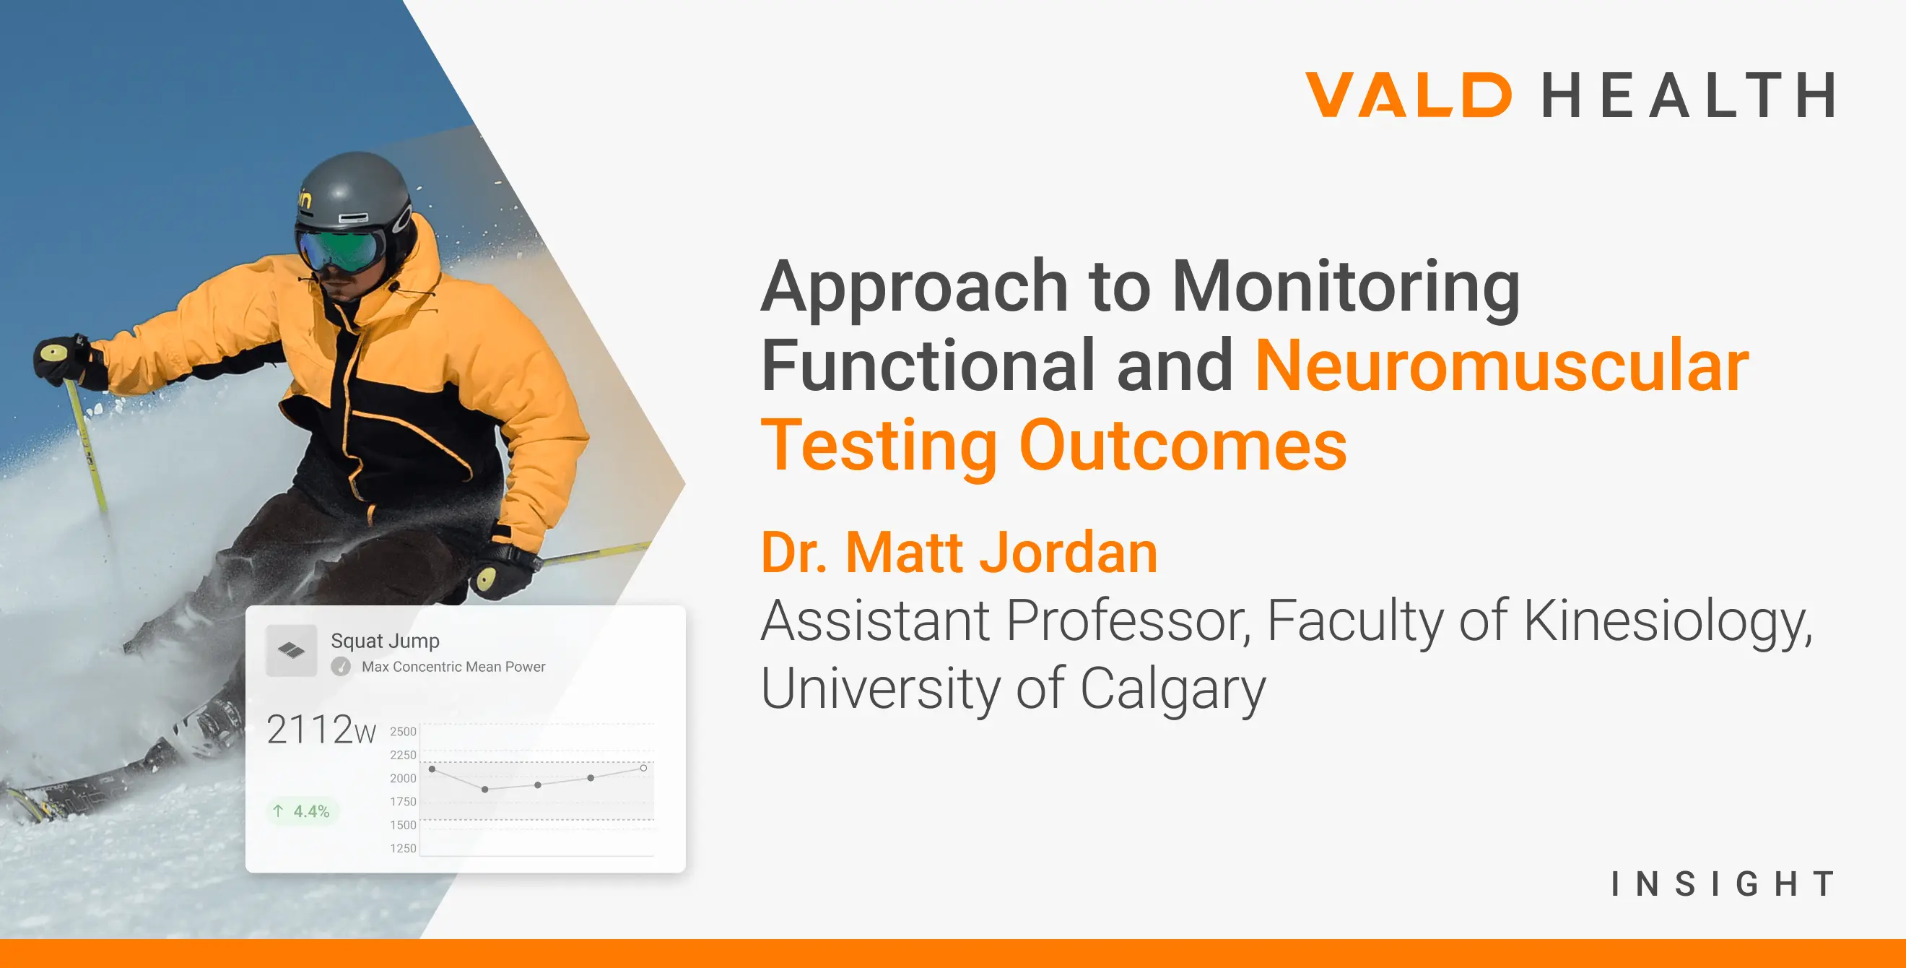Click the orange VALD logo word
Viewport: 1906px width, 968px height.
[1408, 95]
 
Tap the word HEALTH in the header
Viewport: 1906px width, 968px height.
[1688, 95]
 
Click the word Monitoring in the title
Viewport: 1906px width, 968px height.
[1346, 289]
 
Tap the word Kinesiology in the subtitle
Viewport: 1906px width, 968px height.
[1668, 622]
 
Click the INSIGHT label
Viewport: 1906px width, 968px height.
[1723, 883]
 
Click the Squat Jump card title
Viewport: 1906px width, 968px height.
[385, 641]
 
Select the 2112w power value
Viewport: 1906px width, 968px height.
[321, 730]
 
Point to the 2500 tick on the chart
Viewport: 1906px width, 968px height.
[404, 731]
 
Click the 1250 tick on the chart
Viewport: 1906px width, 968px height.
[404, 848]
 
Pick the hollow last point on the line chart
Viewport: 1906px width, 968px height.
[644, 768]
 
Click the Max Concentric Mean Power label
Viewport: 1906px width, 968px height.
[453, 667]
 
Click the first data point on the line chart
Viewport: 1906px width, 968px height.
[432, 769]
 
